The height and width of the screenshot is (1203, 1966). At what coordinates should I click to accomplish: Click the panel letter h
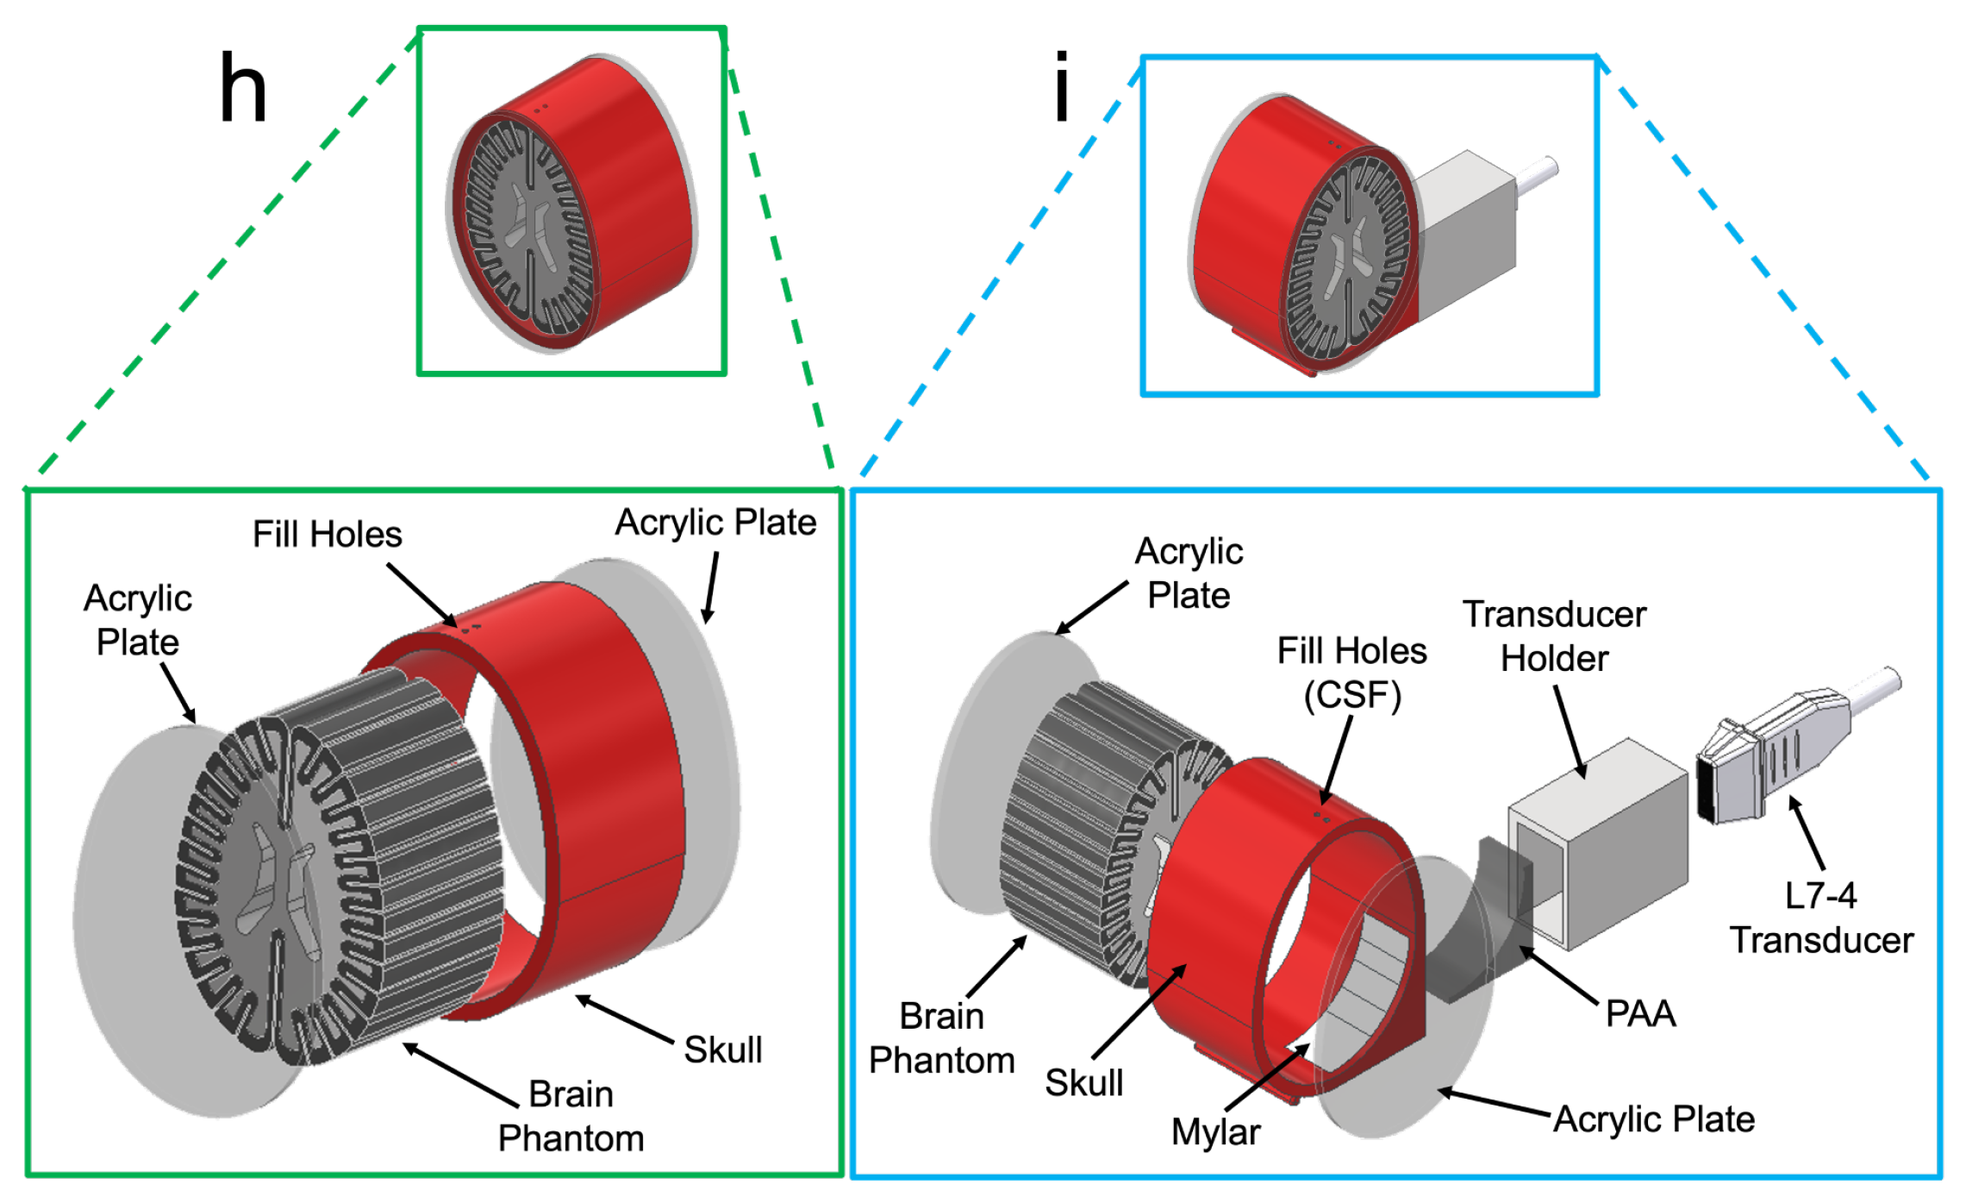pyautogui.click(x=243, y=88)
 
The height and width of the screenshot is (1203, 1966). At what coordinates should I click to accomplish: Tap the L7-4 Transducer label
pyautogui.click(x=1820, y=918)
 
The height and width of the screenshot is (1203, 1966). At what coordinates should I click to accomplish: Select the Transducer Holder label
pyautogui.click(x=1554, y=636)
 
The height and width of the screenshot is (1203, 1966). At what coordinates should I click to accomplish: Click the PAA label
pyautogui.click(x=1640, y=1013)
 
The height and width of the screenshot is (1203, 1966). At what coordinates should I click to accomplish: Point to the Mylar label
pyautogui.click(x=1215, y=1131)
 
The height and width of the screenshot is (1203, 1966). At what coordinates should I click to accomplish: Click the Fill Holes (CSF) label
pyautogui.click(x=1351, y=673)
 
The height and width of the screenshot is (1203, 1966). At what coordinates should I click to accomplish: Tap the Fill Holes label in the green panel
pyautogui.click(x=327, y=535)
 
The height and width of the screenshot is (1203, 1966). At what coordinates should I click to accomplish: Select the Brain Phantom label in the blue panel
pyautogui.click(x=941, y=1038)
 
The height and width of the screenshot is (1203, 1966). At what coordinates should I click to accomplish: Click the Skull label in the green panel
pyautogui.click(x=722, y=1049)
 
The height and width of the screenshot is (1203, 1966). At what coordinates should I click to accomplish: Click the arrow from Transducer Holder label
pyautogui.click(x=1570, y=733)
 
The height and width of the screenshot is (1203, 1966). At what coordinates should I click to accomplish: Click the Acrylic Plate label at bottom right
pyautogui.click(x=1653, y=1119)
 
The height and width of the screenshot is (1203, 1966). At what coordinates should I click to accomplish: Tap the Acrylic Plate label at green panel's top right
pyautogui.click(x=715, y=523)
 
